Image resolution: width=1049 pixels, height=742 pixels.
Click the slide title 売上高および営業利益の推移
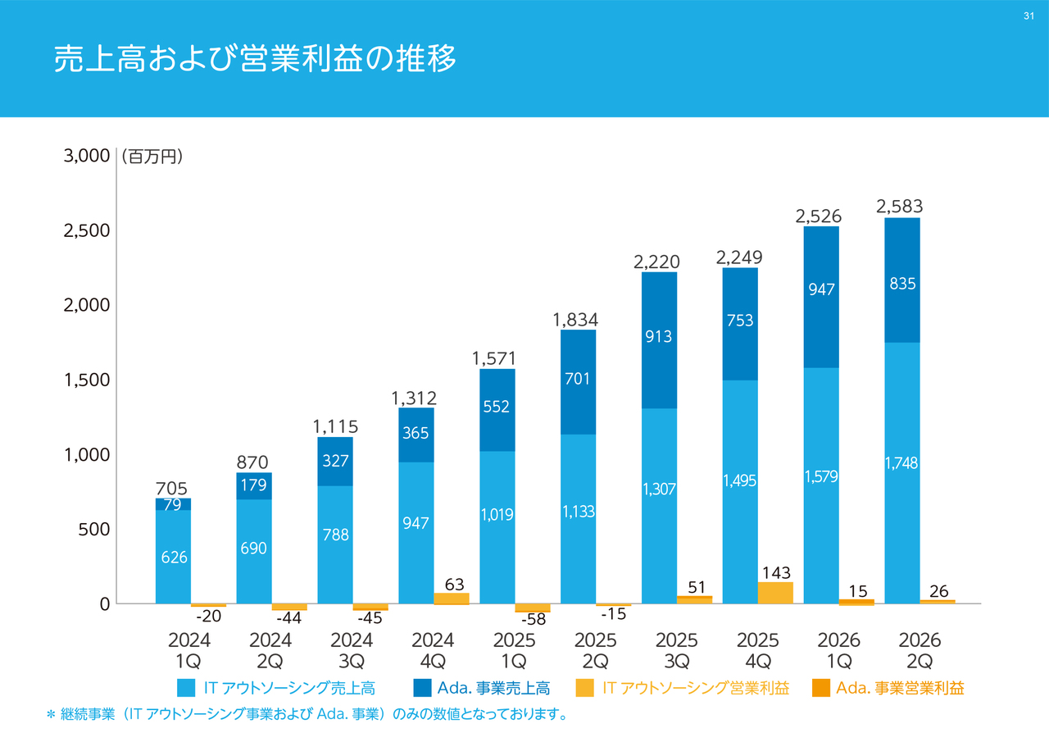point(255,60)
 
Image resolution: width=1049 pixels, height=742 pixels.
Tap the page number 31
point(1029,16)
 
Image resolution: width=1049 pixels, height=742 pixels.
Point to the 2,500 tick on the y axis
point(87,230)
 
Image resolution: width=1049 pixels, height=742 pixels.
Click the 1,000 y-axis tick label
point(87,455)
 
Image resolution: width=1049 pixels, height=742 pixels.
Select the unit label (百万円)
point(152,156)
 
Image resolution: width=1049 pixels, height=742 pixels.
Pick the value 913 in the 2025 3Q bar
point(659,336)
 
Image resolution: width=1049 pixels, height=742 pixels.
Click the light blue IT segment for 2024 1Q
point(173,557)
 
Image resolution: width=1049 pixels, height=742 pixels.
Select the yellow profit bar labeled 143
point(775,593)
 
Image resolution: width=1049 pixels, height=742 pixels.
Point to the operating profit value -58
point(533,620)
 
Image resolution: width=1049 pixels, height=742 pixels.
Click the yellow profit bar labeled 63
point(452,599)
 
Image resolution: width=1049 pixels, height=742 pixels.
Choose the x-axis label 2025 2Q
point(595,650)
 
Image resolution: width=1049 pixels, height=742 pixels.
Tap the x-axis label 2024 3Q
point(352,650)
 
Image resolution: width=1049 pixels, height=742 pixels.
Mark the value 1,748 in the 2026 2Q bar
point(901,464)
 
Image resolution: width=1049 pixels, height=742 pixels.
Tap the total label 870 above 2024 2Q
point(253,462)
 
